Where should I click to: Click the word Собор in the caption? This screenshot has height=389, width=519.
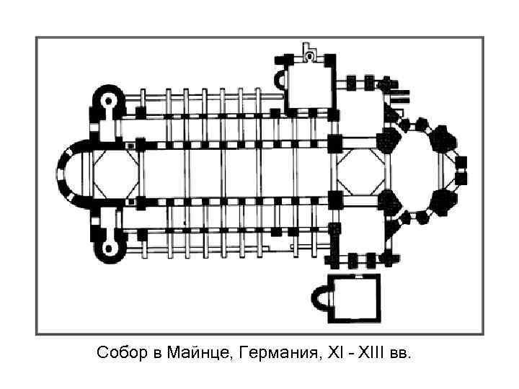(117, 354)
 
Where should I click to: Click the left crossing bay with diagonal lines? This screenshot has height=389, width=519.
(112, 173)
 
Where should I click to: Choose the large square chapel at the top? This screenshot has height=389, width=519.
(310, 82)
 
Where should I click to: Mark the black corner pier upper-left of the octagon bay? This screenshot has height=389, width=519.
(335, 143)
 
